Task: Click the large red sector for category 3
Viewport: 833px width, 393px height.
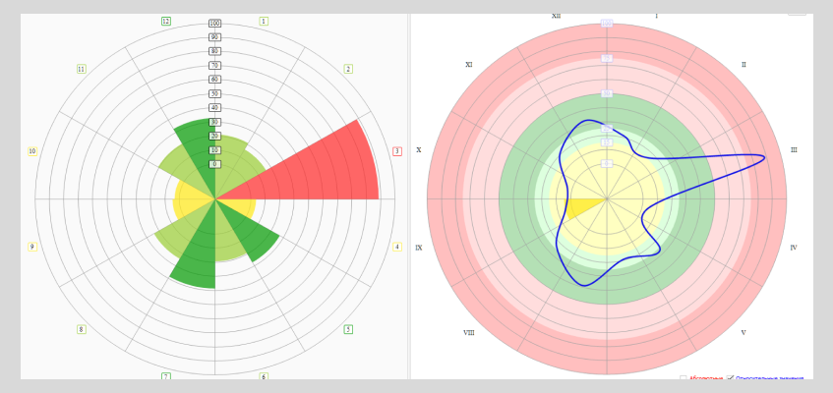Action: [x=315, y=167]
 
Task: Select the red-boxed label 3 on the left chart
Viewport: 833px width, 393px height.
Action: [x=397, y=151]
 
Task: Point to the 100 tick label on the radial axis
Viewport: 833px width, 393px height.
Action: [x=214, y=24]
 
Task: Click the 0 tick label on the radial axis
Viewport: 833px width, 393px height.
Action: [x=214, y=164]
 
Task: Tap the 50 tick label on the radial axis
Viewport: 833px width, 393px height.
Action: [x=214, y=93]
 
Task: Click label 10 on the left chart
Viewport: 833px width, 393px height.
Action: [x=32, y=151]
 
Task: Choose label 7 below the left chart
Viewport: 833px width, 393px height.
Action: [x=166, y=376]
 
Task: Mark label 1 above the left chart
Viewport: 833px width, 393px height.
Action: [x=264, y=21]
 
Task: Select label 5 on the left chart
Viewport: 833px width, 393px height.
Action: [x=348, y=329]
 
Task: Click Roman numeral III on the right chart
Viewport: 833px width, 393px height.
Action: [x=794, y=150]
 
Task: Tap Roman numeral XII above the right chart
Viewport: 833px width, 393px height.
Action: [x=557, y=16]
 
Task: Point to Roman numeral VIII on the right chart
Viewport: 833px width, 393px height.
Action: [x=469, y=333]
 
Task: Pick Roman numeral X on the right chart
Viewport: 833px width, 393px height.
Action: [x=419, y=150]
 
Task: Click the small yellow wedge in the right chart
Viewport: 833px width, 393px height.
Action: [x=582, y=206]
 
